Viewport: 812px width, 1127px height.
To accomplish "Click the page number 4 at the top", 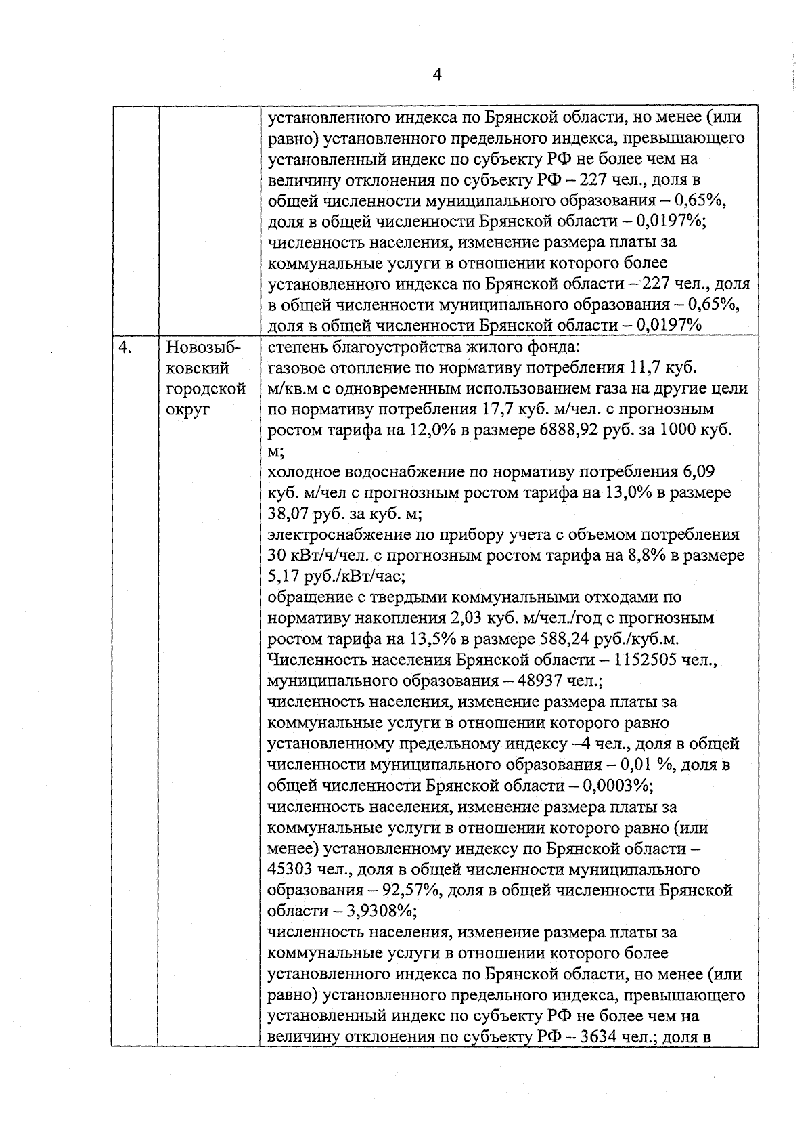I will click(x=436, y=75).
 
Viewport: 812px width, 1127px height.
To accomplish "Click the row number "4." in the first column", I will click(x=124, y=347).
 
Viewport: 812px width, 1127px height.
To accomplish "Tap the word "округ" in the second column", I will click(x=187, y=410).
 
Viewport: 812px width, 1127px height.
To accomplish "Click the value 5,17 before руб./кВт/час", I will click(x=282, y=577).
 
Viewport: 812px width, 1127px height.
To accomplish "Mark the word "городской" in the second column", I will click(x=205, y=389).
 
